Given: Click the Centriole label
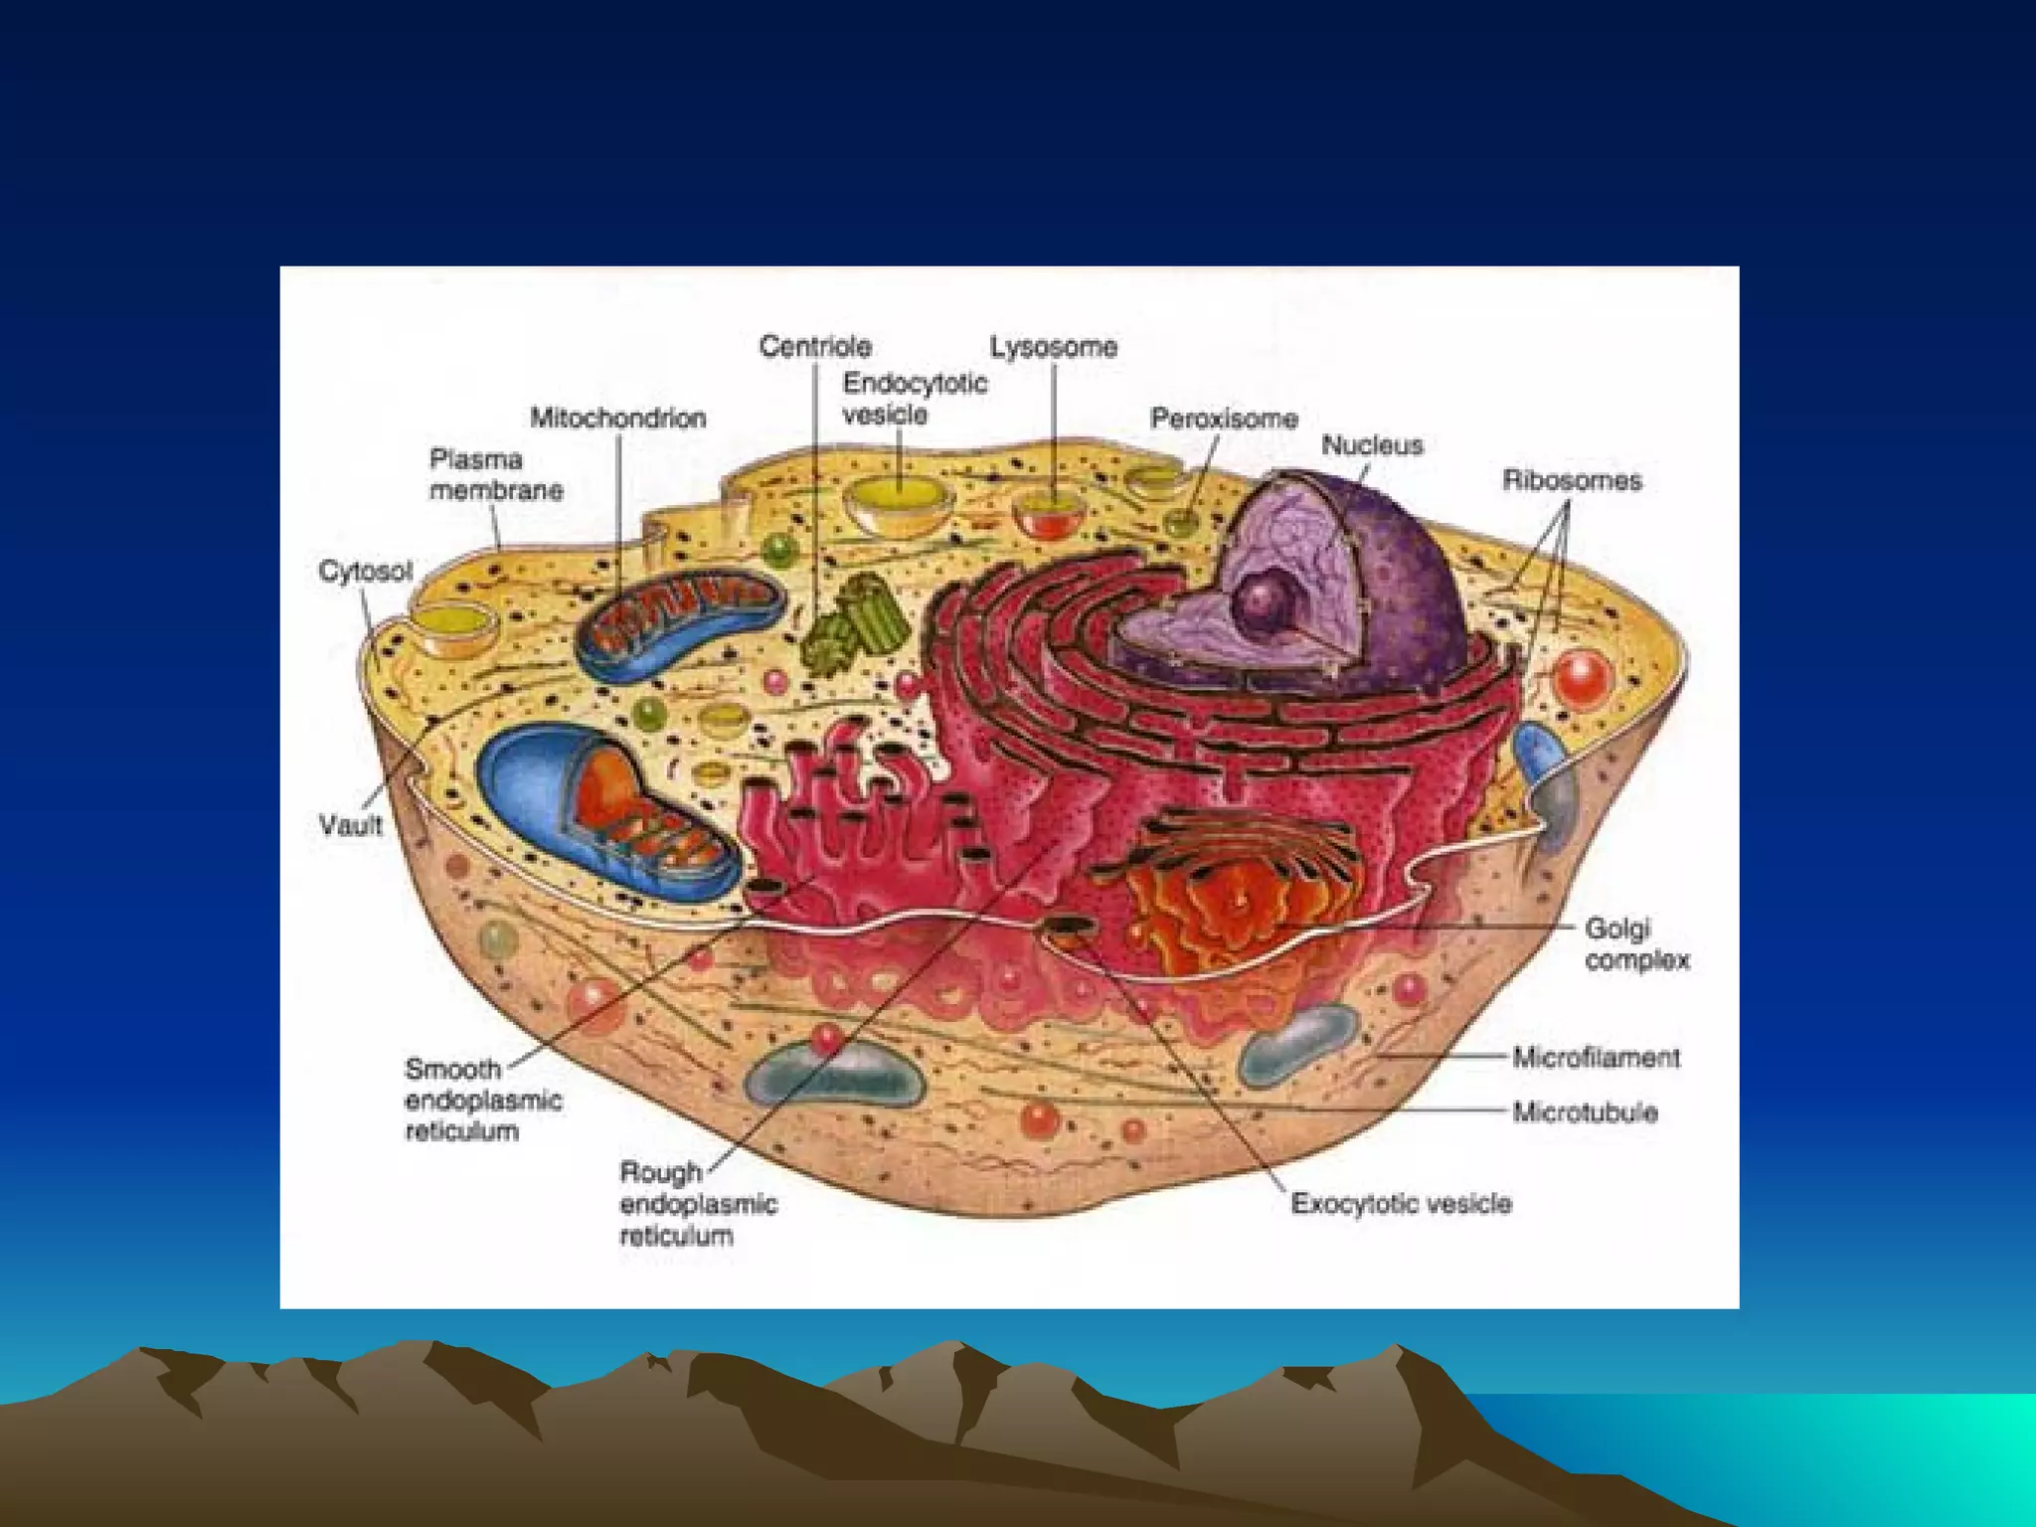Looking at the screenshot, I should [x=815, y=346].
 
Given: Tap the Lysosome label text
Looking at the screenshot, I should [x=1053, y=347].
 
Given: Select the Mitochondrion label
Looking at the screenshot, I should [x=617, y=418].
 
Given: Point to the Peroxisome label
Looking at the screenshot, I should [x=1224, y=419].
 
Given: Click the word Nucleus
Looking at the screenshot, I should [x=1372, y=445].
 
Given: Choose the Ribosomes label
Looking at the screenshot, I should [x=1572, y=481].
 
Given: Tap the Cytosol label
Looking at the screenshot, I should [x=365, y=572].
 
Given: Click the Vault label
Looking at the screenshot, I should [x=351, y=824].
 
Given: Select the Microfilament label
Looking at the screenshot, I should [x=1596, y=1057].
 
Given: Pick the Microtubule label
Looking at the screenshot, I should [x=1585, y=1111].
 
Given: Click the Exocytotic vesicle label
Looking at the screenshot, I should [x=1401, y=1204].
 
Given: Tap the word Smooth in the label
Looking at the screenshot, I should [x=452, y=1070].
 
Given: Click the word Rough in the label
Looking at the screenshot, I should [x=660, y=1172].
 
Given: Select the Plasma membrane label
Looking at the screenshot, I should [x=496, y=475].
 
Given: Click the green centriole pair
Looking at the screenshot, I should [x=855, y=621].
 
